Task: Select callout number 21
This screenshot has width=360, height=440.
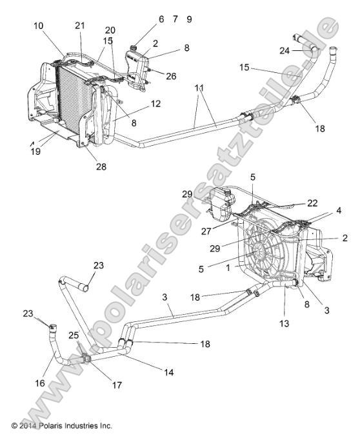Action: click(x=80, y=25)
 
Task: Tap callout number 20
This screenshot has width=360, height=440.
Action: click(x=110, y=30)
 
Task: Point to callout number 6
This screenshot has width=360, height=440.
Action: click(x=161, y=19)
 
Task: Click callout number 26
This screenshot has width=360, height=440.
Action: click(x=171, y=76)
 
